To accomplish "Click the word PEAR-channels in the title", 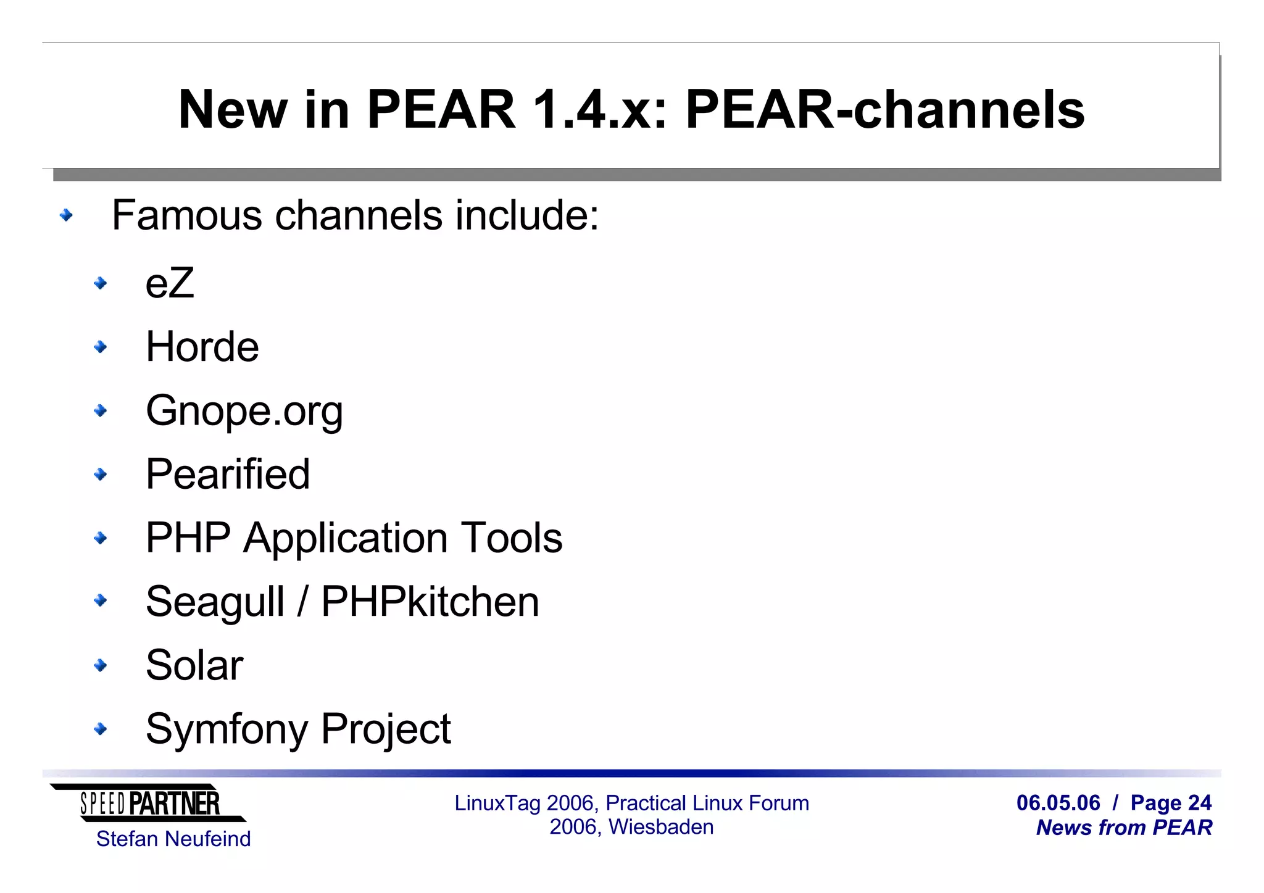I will click(884, 110).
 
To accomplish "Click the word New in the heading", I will click(233, 110).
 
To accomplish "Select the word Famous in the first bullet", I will click(187, 215).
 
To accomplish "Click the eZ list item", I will click(170, 283).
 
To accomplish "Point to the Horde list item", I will click(202, 347).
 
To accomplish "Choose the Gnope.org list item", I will click(244, 411).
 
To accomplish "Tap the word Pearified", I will click(228, 475).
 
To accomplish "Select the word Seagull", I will click(215, 602).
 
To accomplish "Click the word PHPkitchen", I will click(430, 602).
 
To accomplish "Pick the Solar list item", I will click(194, 665).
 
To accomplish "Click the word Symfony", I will click(227, 729).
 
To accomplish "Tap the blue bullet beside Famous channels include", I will click(66, 215).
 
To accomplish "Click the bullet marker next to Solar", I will click(100, 665).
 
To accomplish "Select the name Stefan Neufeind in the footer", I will click(173, 839).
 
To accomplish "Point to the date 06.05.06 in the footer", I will click(1058, 803).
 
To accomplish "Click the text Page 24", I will click(1171, 803).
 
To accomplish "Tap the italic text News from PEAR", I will click(1124, 828).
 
